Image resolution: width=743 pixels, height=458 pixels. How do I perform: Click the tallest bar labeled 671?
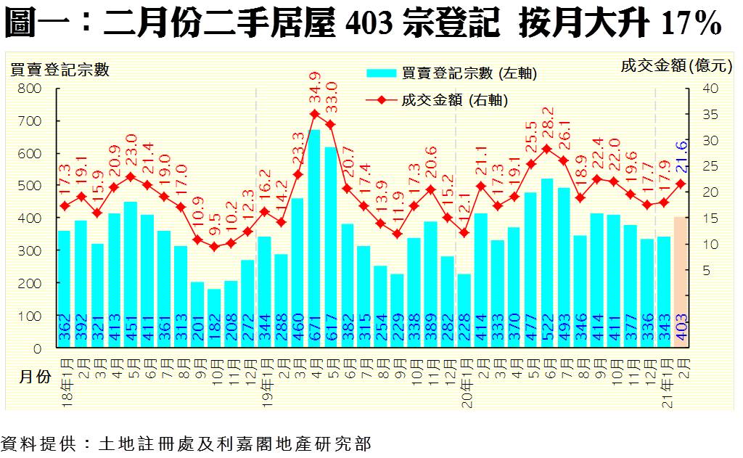(314, 240)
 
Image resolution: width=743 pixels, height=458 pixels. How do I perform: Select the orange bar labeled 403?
(681, 283)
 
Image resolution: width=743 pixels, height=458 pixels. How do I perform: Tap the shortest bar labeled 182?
(214, 319)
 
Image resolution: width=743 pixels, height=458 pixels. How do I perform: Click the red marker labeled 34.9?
(314, 113)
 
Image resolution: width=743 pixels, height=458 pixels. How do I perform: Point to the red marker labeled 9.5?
(214, 247)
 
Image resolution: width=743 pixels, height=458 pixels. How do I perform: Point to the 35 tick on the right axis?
(709, 115)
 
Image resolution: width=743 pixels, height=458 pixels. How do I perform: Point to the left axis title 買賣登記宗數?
(59, 70)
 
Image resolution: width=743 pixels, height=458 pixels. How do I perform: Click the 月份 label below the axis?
(34, 377)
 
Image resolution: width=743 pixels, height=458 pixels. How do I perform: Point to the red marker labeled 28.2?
(548, 149)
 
